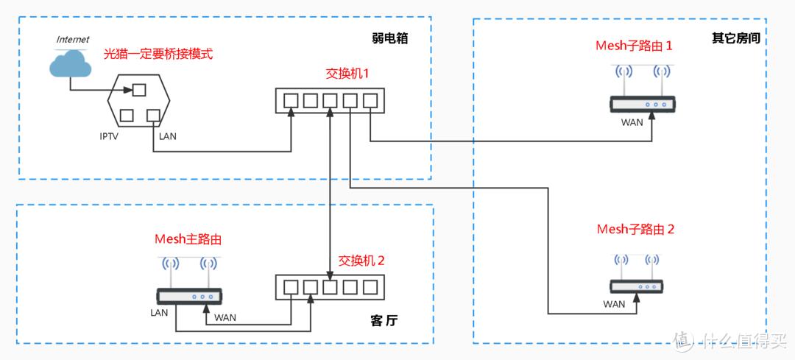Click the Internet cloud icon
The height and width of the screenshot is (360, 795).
(x=70, y=65)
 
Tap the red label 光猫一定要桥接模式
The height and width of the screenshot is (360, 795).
(x=159, y=54)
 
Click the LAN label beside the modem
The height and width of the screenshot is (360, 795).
(x=167, y=136)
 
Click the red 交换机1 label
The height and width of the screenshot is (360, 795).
(x=347, y=74)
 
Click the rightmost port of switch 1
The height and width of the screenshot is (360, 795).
(x=369, y=99)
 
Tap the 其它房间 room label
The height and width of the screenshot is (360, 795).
(x=735, y=38)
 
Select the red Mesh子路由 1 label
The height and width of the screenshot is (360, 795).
(x=634, y=46)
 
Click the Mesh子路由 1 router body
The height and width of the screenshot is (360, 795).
(x=642, y=105)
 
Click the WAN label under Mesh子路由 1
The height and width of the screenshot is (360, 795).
(x=632, y=123)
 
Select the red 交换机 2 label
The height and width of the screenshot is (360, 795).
(x=361, y=261)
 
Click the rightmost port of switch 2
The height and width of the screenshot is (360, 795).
(x=369, y=286)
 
